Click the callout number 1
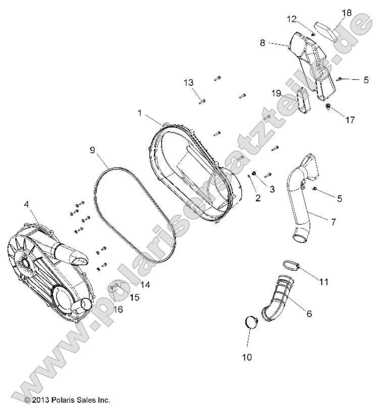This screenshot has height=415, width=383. tap(140, 113)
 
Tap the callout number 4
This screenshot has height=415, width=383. tap(26, 204)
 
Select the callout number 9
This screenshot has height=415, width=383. tap(92, 150)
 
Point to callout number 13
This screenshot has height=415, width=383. tap(188, 82)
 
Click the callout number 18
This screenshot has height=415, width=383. tap(347, 13)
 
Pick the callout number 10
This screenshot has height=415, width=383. tap(247, 357)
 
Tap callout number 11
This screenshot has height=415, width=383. tap(323, 281)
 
